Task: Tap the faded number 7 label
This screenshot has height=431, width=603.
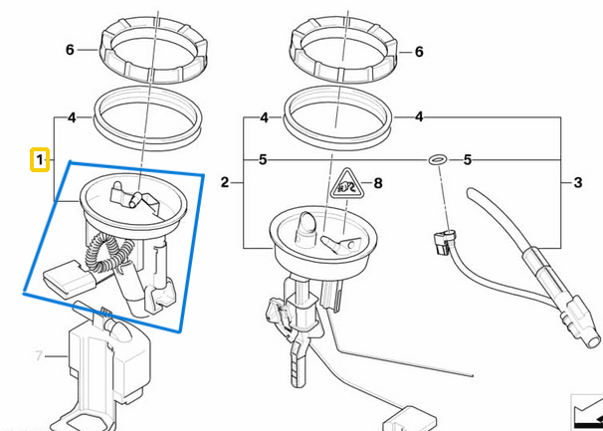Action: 40,355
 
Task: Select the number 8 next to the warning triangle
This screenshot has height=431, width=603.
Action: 377,183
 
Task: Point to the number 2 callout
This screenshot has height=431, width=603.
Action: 225,183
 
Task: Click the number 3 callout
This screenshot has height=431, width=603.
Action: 577,183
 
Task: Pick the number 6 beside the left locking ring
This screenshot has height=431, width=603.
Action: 70,50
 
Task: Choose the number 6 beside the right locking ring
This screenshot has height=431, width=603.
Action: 419,51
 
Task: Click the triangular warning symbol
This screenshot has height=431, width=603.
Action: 343,183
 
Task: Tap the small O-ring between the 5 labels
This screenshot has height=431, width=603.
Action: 436,159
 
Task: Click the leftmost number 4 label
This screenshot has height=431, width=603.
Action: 72,117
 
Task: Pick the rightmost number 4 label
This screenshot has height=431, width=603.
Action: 419,117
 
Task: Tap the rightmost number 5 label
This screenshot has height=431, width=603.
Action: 468,159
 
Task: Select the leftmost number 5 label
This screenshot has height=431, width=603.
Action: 263,159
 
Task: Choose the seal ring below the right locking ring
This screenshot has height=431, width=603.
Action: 336,113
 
